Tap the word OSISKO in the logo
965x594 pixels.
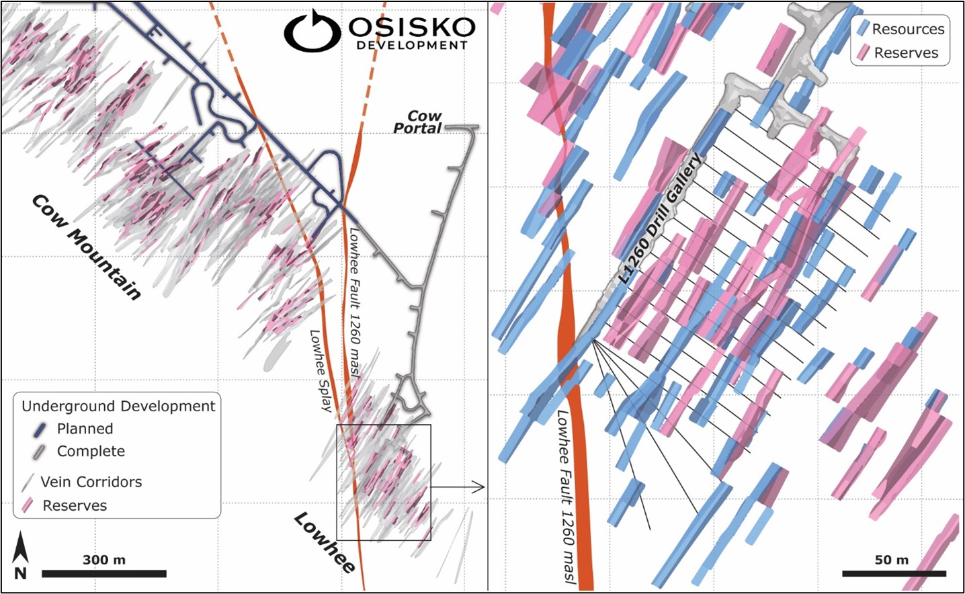[411, 27]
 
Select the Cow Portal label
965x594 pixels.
[417, 122]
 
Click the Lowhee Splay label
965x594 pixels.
[321, 370]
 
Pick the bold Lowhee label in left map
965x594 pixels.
[325, 543]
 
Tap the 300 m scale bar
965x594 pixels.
[103, 573]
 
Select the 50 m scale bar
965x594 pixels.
[893, 573]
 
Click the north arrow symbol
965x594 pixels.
[21, 554]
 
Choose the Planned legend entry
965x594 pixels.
[85, 429]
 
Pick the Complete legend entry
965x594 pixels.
[91, 452]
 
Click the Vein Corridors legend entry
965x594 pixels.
[91, 482]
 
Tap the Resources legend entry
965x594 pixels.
[907, 29]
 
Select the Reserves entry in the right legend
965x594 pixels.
[905, 53]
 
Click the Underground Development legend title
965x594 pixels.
[118, 406]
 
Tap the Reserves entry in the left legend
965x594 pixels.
[74, 505]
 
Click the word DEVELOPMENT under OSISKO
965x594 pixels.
[411, 45]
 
